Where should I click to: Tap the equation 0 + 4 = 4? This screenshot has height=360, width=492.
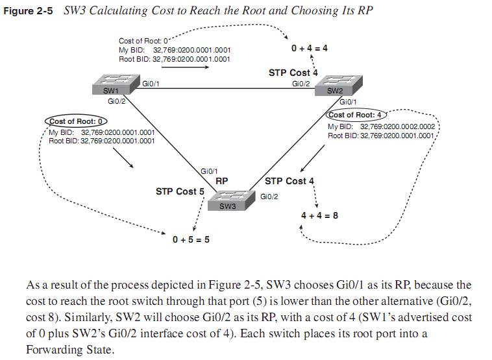coord(310,48)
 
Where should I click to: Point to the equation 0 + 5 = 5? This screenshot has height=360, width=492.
coord(191,240)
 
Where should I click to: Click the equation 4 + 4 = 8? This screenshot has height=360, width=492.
coord(319,215)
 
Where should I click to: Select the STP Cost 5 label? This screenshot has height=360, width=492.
coord(180,192)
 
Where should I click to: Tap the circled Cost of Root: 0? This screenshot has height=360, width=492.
coord(77,121)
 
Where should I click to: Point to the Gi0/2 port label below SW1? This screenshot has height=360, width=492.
coord(116,101)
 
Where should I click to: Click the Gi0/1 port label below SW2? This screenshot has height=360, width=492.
coord(348,102)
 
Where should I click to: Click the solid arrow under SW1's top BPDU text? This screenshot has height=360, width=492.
coord(188,66)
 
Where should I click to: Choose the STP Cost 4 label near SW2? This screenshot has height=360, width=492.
coord(293,73)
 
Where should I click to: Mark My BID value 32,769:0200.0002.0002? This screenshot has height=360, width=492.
coord(400,126)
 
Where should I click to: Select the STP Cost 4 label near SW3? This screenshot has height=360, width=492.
coord(289,180)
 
